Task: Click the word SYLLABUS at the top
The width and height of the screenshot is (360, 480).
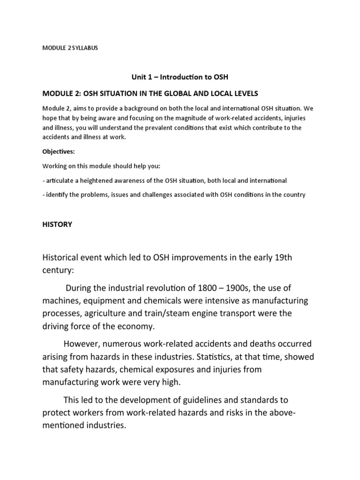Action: [85, 48]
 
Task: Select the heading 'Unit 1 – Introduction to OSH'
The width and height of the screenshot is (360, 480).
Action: [180, 76]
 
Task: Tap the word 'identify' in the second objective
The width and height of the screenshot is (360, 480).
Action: [57, 195]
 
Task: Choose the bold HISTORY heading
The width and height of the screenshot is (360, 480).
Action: [57, 225]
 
